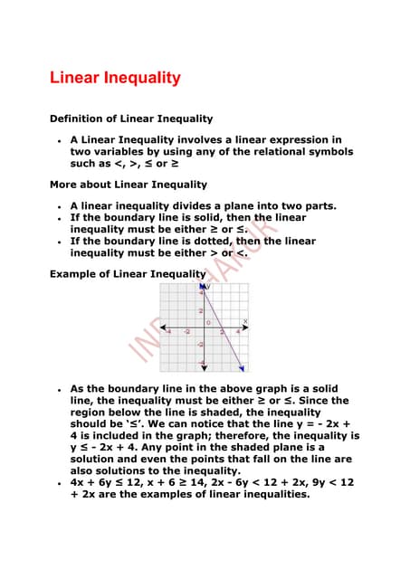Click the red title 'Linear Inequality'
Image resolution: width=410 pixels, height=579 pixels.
click(115, 79)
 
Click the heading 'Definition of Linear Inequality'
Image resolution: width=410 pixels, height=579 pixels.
click(130, 119)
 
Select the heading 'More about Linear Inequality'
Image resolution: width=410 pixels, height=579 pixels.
click(128, 185)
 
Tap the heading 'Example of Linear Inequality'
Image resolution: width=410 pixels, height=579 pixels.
click(128, 273)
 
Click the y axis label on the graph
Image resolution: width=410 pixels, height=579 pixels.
click(207, 287)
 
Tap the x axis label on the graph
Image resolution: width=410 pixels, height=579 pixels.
click(244, 321)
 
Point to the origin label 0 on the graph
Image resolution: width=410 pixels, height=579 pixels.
click(209, 322)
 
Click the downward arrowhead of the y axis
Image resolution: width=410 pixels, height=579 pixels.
click(202, 368)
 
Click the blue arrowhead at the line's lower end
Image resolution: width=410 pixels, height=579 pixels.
click(241, 367)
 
